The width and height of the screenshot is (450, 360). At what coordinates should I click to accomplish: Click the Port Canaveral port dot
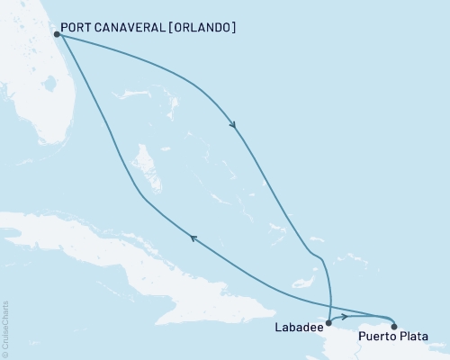click(x=56, y=34)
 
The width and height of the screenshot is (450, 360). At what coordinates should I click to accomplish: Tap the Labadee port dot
click(x=328, y=320)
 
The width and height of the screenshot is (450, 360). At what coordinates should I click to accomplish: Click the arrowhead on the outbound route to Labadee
click(x=234, y=126)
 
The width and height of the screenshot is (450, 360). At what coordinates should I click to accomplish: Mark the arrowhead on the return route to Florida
click(x=191, y=237)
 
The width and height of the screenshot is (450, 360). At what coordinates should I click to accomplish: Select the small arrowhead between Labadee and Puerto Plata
click(x=344, y=317)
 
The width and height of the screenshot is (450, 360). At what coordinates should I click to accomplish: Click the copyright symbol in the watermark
click(x=5, y=354)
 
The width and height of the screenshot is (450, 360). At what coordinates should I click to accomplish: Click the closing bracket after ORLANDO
click(x=234, y=28)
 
